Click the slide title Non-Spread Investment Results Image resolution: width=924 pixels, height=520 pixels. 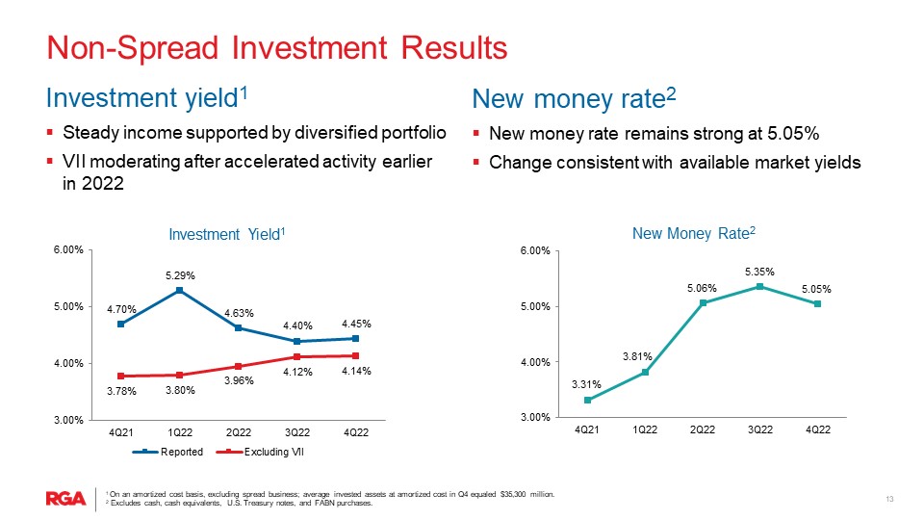click(277, 47)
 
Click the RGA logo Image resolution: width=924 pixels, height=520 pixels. click(66, 498)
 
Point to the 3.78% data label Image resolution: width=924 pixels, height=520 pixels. click(121, 391)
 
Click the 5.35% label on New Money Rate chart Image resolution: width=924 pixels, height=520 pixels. click(759, 272)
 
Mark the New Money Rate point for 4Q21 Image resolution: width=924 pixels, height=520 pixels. click(587, 400)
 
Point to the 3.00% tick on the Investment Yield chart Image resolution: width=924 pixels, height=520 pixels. click(73, 420)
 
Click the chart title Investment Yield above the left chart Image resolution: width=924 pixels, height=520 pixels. click(227, 234)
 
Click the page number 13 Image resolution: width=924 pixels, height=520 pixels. click(889, 498)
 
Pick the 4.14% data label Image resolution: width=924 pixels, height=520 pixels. click(356, 371)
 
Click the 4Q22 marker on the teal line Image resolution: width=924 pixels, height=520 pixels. click(817, 303)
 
